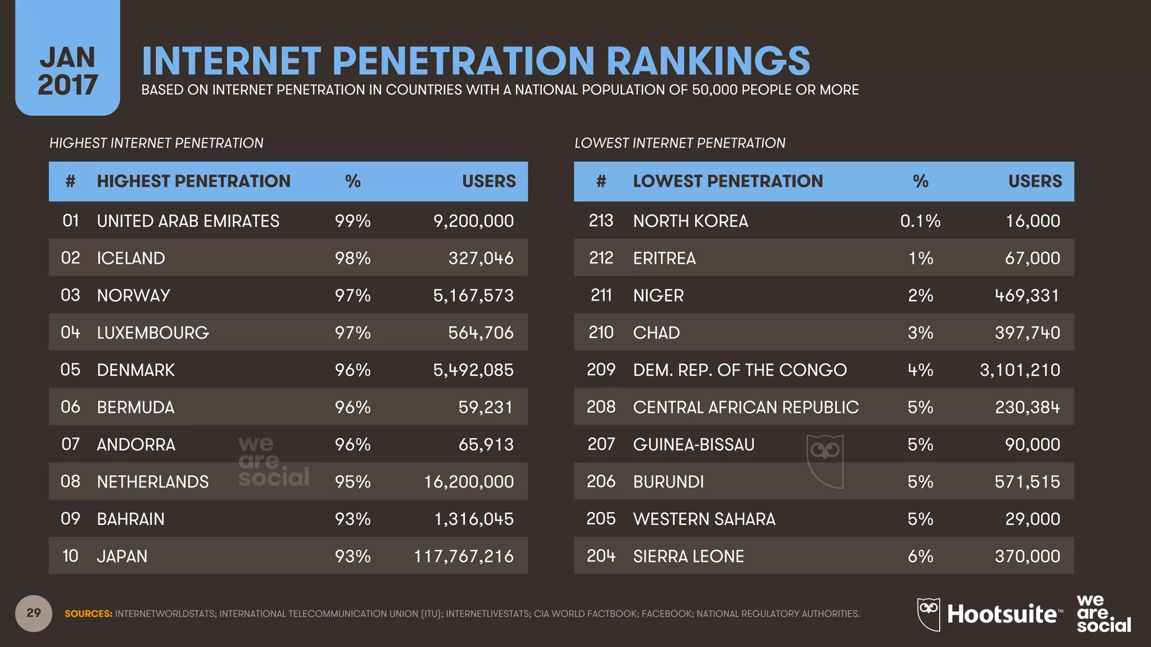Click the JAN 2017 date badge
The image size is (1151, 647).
coord(67,70)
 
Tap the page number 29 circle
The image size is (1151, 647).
coord(34,613)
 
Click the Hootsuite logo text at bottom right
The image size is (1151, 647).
coord(1002,614)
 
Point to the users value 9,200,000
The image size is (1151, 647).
coord(473,221)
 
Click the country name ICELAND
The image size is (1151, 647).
coord(131,258)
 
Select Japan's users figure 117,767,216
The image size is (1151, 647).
coord(464,556)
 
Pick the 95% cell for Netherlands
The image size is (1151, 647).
coord(352,481)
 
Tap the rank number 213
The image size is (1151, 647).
coord(601,221)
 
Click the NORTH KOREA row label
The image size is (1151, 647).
coord(690,221)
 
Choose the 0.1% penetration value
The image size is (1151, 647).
coord(920,221)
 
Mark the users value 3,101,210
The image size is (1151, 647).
coord(1019,370)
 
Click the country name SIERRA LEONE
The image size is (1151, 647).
coord(688,556)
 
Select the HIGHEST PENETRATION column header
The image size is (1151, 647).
coord(193,181)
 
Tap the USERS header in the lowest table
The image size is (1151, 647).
coord(1035,181)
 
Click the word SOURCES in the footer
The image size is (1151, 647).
coord(88,614)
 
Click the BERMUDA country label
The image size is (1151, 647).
coord(135,407)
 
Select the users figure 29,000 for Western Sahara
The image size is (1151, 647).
coord(1032,518)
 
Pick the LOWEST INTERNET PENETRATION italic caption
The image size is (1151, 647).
coord(679,143)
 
